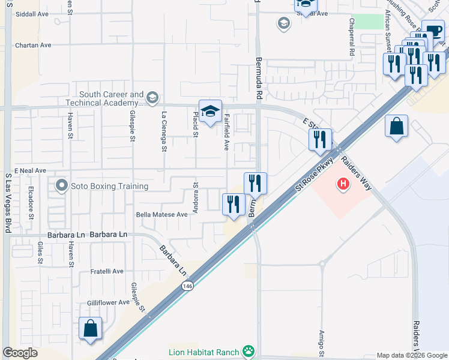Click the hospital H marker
343,183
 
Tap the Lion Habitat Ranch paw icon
249,350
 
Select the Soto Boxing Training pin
61,186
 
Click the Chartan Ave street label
34,45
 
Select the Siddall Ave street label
32,13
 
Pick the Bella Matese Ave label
162,214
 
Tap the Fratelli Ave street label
107,271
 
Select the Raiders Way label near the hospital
357,173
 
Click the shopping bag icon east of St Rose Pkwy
396,127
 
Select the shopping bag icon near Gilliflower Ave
90,328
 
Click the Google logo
20,353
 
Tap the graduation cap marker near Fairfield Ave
210,112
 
